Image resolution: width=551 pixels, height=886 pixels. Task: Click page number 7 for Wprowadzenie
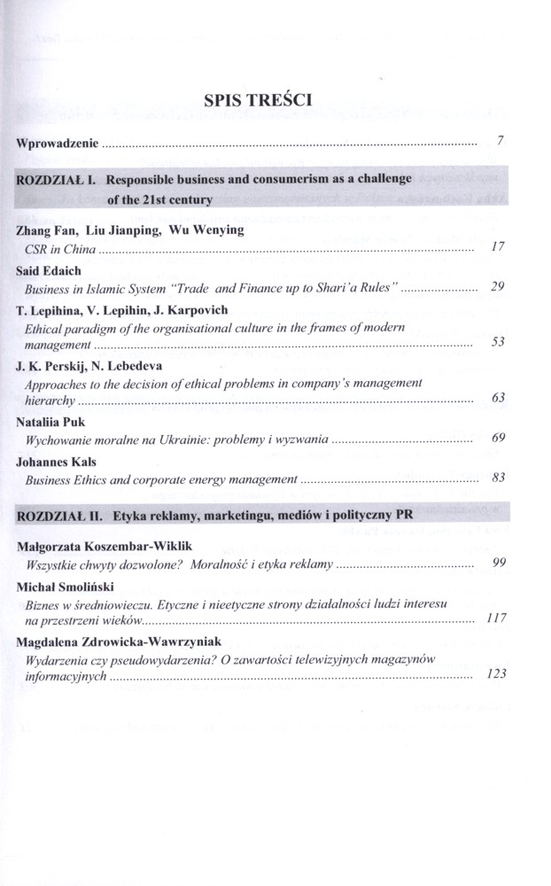[501, 140]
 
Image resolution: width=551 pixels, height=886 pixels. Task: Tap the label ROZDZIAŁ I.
[54, 179]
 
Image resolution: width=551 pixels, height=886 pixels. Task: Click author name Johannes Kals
[58, 461]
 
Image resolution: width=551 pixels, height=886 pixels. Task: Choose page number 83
[498, 478]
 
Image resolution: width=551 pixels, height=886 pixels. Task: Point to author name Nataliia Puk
[53, 421]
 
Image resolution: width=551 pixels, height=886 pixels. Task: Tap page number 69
[498, 439]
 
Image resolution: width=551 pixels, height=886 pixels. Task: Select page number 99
[498, 563]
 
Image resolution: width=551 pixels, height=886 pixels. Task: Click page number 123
[496, 674]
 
